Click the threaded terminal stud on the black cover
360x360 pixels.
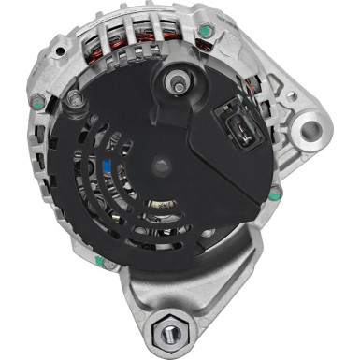(x=175, y=83)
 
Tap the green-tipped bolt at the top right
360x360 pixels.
(x=205, y=31)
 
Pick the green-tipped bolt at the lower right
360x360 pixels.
(x=274, y=194)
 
